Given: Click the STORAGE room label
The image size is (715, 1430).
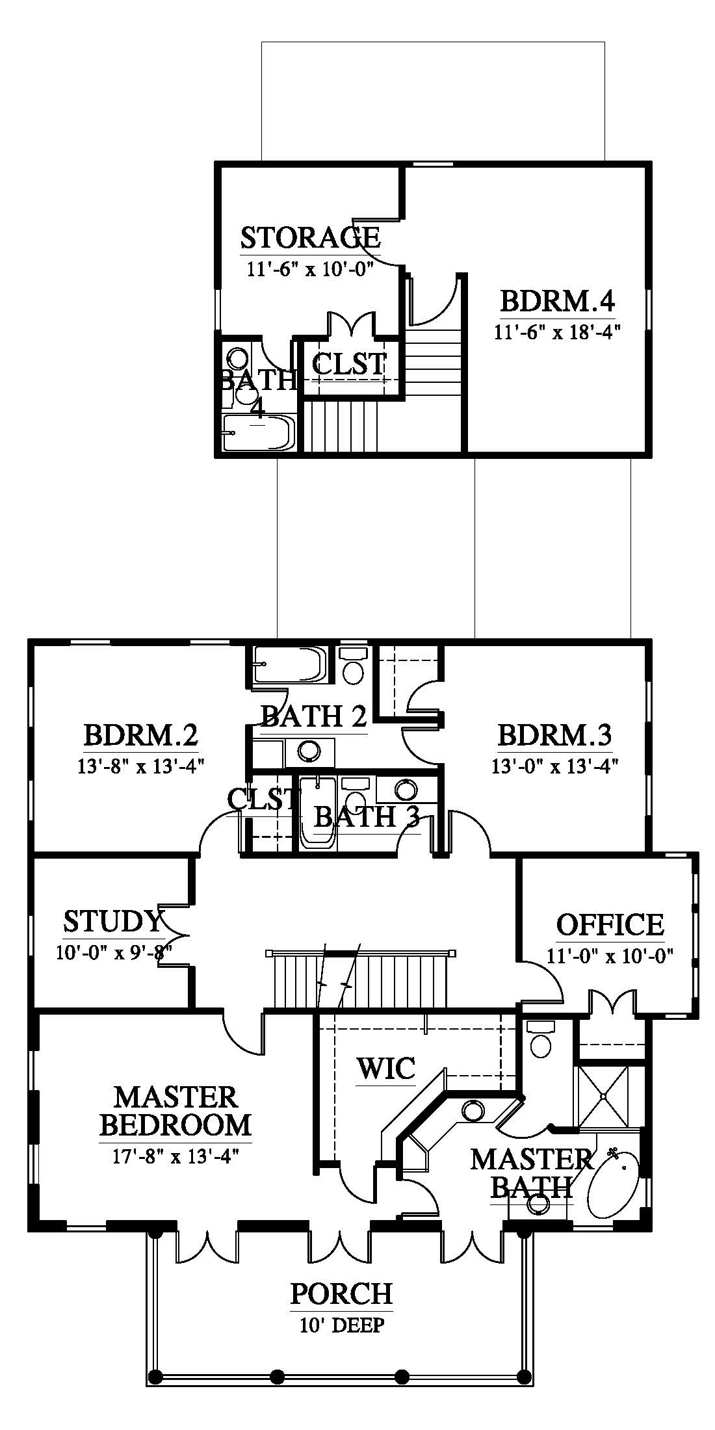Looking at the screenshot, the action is coord(310,237).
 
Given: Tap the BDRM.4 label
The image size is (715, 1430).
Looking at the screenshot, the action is coord(557,302).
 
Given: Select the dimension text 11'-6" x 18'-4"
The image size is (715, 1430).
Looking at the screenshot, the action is coord(557,332).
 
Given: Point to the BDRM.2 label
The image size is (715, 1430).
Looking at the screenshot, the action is coord(140,736).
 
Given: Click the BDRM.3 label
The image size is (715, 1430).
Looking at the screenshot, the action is coord(554,736).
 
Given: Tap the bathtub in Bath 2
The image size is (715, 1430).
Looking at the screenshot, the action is coord(290,664).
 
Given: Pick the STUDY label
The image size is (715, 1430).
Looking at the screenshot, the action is coord(112,921).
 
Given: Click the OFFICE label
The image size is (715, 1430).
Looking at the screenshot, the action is coord(610,925).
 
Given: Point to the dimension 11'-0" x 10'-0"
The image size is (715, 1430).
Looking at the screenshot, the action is coord(610,955).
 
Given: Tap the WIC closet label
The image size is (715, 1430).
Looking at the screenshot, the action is coord(385,1068).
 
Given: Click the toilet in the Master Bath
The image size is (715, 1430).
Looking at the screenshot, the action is coord(541,1039).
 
